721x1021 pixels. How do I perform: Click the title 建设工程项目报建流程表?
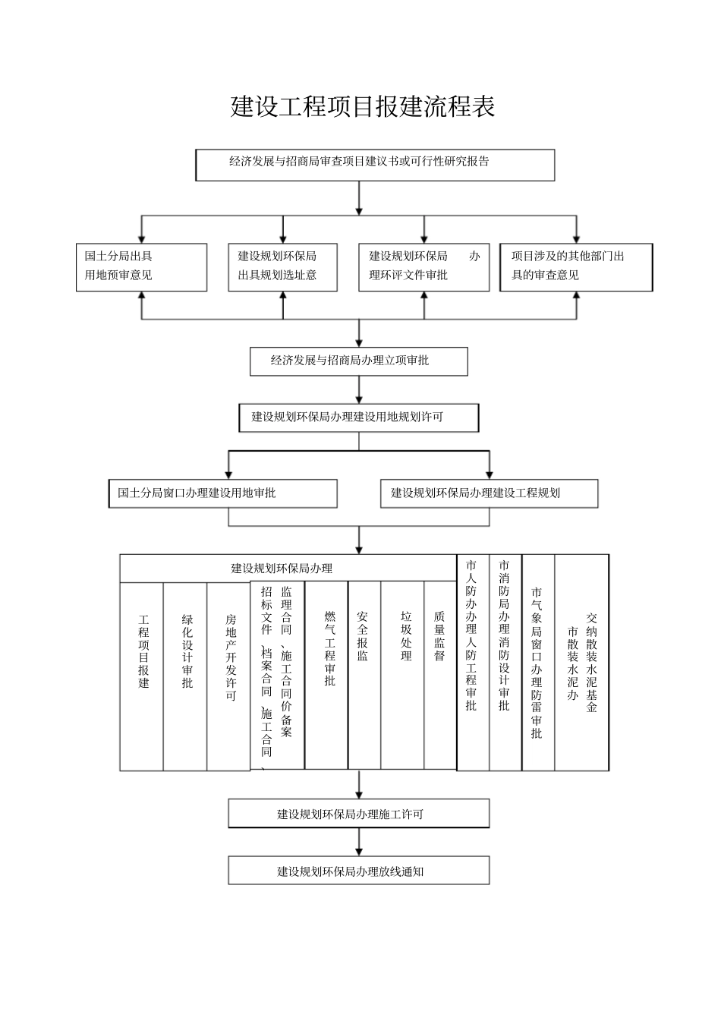pos(362,107)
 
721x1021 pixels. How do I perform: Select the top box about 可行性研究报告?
pos(375,165)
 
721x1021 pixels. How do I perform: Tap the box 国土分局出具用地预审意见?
pos(141,267)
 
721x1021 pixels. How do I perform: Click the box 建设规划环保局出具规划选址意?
pos(283,267)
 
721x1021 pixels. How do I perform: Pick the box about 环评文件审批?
pos(423,267)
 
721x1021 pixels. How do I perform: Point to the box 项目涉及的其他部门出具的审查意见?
pos(575,267)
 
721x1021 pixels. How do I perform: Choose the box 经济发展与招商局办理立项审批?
pos(358,361)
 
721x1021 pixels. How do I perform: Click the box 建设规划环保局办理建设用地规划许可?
pos(358,418)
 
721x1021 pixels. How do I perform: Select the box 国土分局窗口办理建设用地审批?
pos(222,493)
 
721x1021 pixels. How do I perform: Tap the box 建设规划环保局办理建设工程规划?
pos(489,493)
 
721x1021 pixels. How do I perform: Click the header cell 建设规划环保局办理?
pos(282,569)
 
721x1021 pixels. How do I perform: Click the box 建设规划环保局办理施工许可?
pos(358,814)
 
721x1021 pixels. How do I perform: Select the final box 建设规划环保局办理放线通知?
pos(358,871)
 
